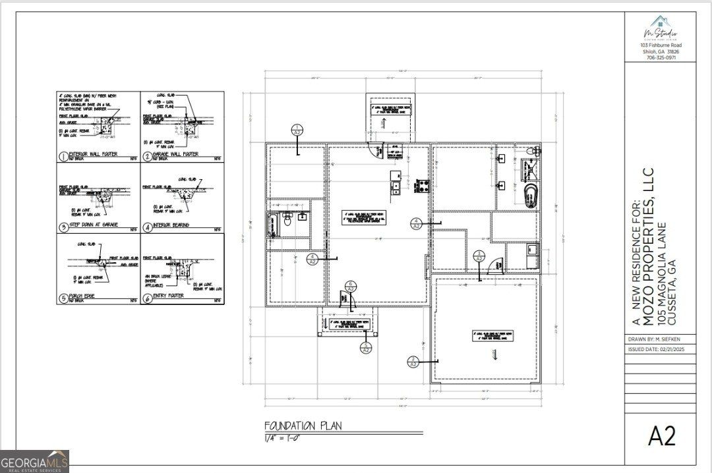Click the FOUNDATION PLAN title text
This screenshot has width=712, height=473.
pos(303,426)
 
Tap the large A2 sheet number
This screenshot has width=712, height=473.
pos(661,435)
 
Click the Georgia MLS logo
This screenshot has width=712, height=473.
pos(34,461)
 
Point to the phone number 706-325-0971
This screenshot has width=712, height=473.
pos(660,57)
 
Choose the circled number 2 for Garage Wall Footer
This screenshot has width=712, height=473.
pos(147,157)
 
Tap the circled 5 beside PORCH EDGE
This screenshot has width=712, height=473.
pos(63,298)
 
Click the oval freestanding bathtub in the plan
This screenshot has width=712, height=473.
pos(529,196)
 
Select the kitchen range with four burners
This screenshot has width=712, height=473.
pos(420,184)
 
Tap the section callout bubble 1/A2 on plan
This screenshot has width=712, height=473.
pos(297,130)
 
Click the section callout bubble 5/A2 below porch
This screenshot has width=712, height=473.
pos(366,347)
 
